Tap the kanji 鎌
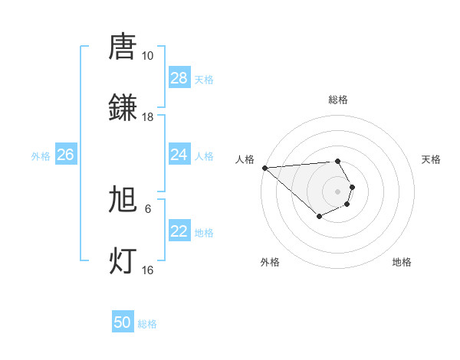pos(123,107)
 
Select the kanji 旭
pos(123,199)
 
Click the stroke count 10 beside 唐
pos(147,56)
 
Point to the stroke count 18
pos(147,117)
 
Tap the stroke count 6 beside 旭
pos(148,208)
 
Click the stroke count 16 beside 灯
pos(147,270)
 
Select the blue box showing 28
pos(179,78)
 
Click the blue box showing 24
pos(179,155)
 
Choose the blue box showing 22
pos(179,231)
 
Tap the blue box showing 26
pos(65,155)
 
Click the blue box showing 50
pos(123,322)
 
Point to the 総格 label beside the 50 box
pos(147,324)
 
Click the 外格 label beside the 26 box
pos(41,155)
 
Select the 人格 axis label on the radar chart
pos(245,159)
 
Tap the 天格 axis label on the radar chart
pos(432,159)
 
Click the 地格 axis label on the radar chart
pos(402,262)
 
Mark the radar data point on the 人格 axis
pos(264,168)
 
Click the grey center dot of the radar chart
pos(337,191)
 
